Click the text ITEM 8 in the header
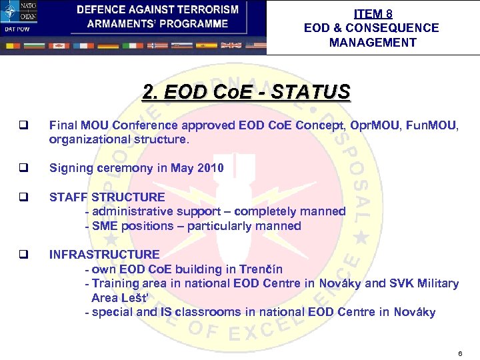pyautogui.click(x=373, y=13)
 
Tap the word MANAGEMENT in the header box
pyautogui.click(x=373, y=43)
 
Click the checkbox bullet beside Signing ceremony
pyautogui.click(x=23, y=168)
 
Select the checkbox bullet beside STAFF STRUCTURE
pyautogui.click(x=23, y=197)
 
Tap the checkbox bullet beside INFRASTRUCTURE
pyautogui.click(x=23, y=255)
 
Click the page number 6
pyautogui.click(x=460, y=352)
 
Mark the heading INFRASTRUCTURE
pyautogui.click(x=104, y=255)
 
